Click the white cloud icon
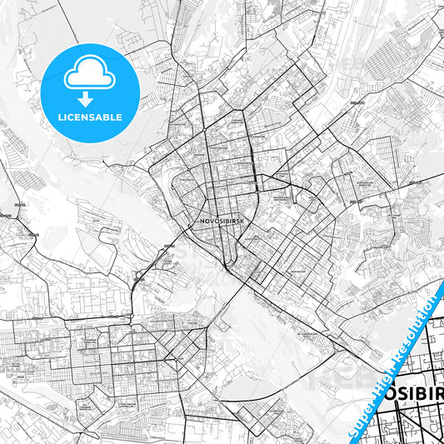89,75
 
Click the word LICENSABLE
90,118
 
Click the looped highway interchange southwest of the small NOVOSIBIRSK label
137,275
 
